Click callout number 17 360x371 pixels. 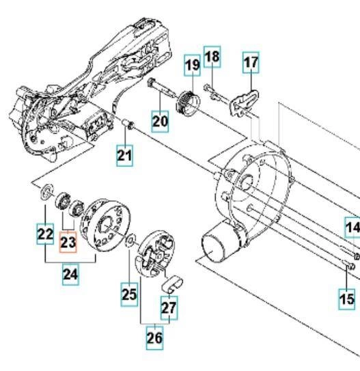tap(251, 62)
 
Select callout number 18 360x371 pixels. tap(212, 57)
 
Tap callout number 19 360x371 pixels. tap(193, 66)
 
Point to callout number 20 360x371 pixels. tap(160, 122)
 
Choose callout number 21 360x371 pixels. tap(124, 156)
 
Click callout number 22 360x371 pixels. tap(45, 234)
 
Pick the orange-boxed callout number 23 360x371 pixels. tap(68, 243)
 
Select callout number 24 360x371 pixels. tap(70, 275)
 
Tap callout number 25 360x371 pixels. tap(129, 294)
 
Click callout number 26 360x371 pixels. tap(154, 338)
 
